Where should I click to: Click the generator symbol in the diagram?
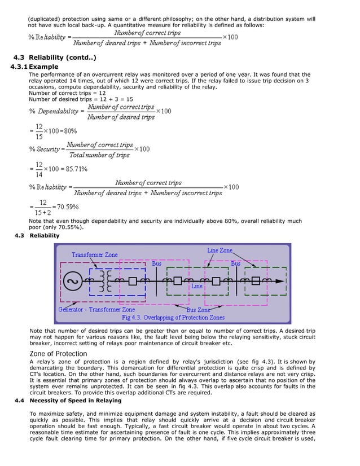point(72,281)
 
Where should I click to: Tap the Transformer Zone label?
point(94,254)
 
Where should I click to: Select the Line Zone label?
point(219,250)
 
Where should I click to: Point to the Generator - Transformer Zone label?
point(96,309)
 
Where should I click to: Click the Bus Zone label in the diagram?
point(199,310)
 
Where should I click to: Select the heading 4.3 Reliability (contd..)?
point(55,58)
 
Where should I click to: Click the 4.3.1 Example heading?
point(34,67)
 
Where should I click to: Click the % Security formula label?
point(46,150)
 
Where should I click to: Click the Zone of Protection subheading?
point(58,354)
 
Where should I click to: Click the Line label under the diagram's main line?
point(196,287)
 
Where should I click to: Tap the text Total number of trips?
point(100,155)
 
